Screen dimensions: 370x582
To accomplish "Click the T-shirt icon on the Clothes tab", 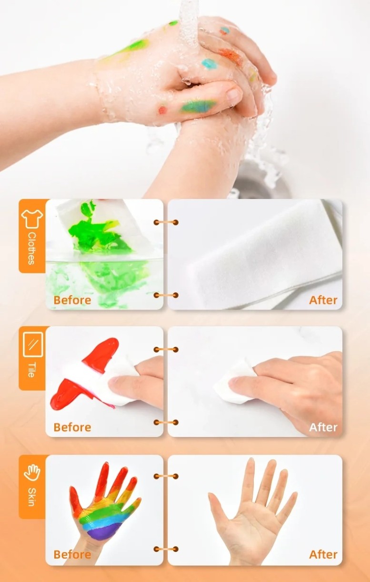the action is [32, 218].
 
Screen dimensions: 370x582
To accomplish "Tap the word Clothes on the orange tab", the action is [31, 249].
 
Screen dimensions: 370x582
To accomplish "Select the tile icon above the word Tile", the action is [33, 344].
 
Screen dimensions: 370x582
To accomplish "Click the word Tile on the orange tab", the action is [31, 370].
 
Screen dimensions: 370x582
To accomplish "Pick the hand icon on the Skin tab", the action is [32, 473].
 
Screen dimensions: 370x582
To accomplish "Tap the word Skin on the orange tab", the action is [31, 497].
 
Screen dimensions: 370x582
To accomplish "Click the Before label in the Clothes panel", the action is [72, 300].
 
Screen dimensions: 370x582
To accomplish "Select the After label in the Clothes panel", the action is [323, 300].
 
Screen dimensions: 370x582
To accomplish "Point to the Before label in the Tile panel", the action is [72, 427].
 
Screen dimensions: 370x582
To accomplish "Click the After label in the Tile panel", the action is [323, 427].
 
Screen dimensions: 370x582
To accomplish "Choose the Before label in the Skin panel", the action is [72, 554].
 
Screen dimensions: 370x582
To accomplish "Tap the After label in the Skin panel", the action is [323, 554].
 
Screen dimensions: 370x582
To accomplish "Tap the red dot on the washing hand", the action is [162, 110].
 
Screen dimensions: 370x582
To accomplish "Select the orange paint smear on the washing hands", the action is [231, 55].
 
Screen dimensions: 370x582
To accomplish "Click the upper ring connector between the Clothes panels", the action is [166, 222].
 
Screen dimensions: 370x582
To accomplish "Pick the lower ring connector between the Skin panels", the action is [166, 549].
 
